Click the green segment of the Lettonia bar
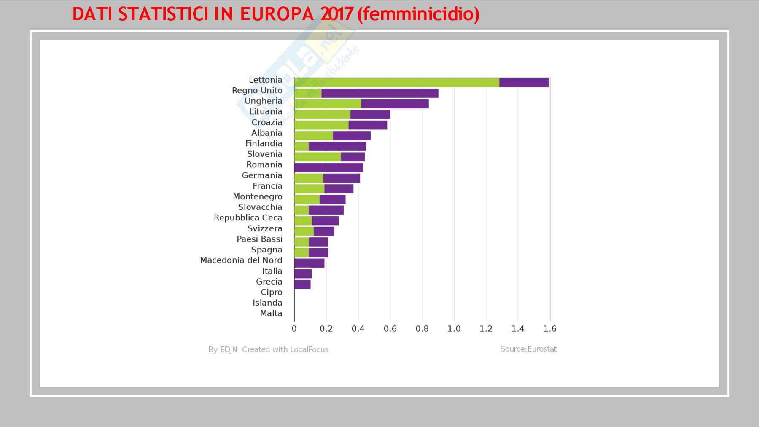pos(396,83)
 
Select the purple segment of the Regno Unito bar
pos(379,93)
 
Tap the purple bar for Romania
pos(328,167)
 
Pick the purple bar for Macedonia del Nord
pos(309,263)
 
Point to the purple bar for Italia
pos(303,274)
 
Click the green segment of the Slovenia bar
pos(317,157)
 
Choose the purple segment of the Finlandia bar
pos(337,146)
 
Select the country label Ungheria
pos(263,101)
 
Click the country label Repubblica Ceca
pos(248,218)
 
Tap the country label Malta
pos(271,313)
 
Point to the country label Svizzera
pos(265,228)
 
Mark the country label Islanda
pos(267,303)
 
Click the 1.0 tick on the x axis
pos(454,329)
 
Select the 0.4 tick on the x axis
pos(358,329)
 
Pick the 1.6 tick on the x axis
pos(550,329)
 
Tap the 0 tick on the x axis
pos(294,329)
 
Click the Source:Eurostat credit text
pos(528,349)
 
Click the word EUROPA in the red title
pos(277,14)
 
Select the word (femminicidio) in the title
pos(418,14)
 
